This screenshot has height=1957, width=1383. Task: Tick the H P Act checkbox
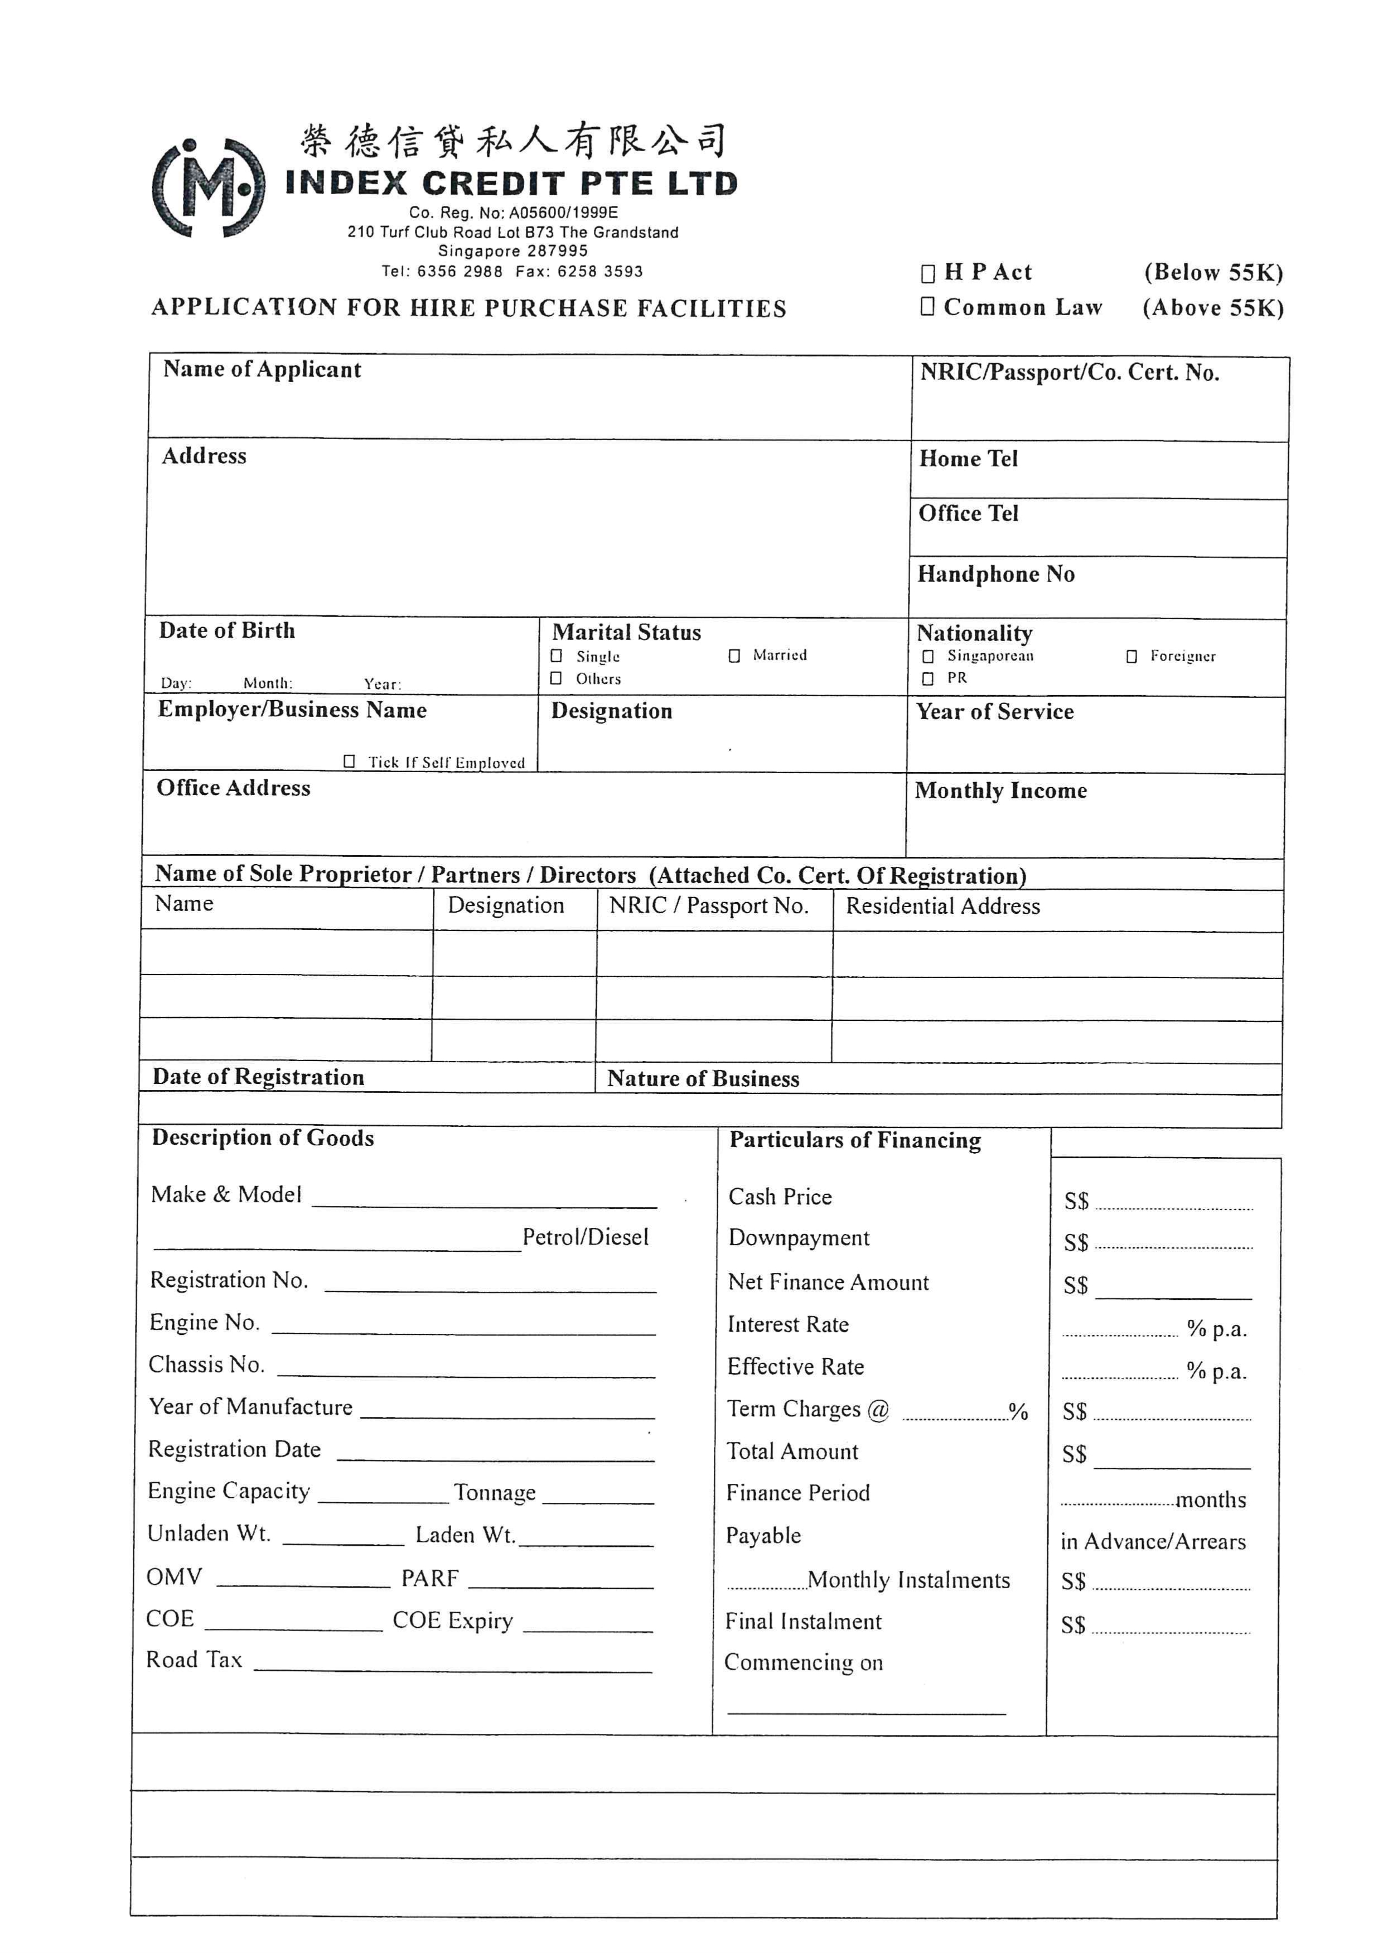[927, 273]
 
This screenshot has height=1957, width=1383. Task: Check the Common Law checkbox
[927, 306]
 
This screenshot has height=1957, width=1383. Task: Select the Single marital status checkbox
[557, 655]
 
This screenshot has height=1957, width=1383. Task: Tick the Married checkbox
[734, 655]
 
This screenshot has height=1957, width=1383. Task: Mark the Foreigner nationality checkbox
[1131, 656]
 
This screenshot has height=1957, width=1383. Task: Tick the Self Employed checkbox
[349, 761]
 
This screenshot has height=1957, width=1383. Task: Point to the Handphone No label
[995, 575]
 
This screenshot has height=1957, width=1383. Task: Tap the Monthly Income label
[1000, 791]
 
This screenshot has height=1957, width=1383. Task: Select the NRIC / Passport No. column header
[708, 905]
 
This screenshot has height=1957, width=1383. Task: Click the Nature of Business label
[703, 1079]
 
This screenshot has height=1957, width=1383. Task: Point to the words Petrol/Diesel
[586, 1237]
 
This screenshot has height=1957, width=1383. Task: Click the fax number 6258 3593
[601, 272]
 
